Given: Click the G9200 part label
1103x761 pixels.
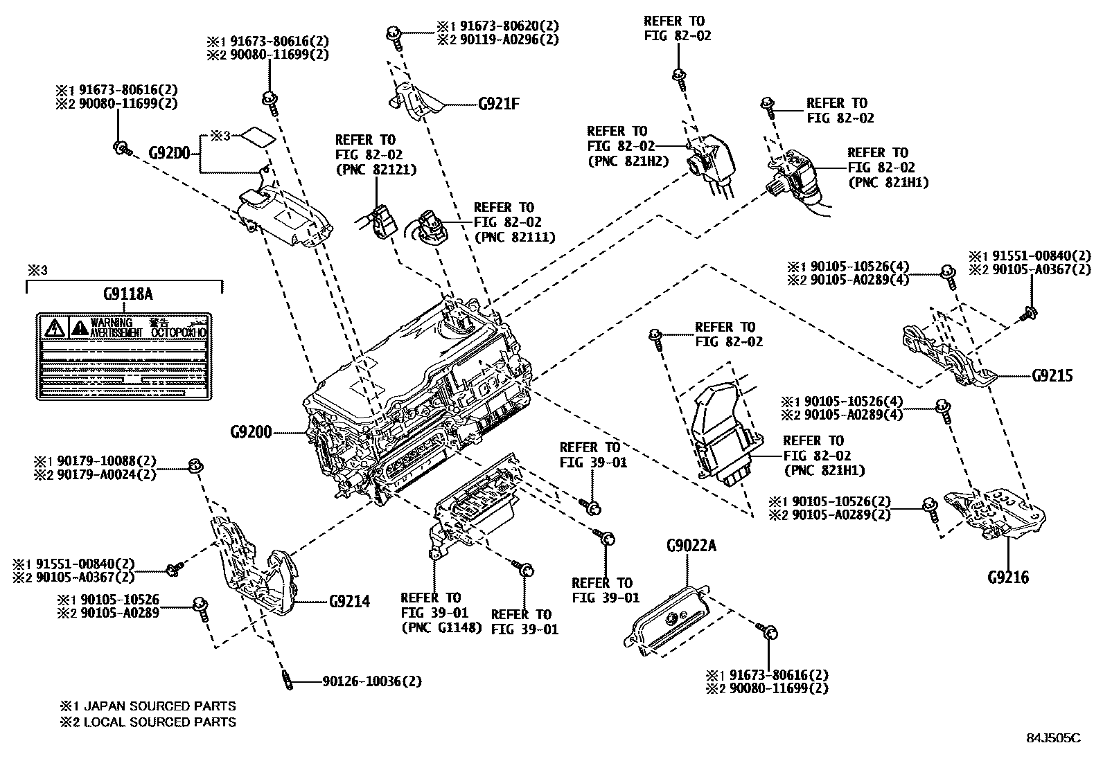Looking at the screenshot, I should pos(251,433).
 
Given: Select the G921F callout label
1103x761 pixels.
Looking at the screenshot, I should pos(499,105).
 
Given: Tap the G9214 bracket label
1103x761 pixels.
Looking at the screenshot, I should pos(348,601).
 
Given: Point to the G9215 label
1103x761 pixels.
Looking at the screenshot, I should pos(1052,376).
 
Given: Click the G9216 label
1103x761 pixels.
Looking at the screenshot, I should pos(1008,577).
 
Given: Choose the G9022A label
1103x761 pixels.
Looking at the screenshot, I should pos(691,546).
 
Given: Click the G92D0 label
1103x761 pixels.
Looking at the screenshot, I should pos(170,152).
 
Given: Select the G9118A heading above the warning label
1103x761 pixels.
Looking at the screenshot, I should pos(127,294).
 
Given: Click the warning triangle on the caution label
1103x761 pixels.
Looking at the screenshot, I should pos(53,326).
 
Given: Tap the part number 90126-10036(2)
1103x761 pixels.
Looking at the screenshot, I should pos(371,681).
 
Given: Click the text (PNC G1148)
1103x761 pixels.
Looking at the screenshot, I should pos(441,629).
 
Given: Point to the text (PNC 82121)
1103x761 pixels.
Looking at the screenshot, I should pos(374,170).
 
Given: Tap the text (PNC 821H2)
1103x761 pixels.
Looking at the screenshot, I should pos(627,161).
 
